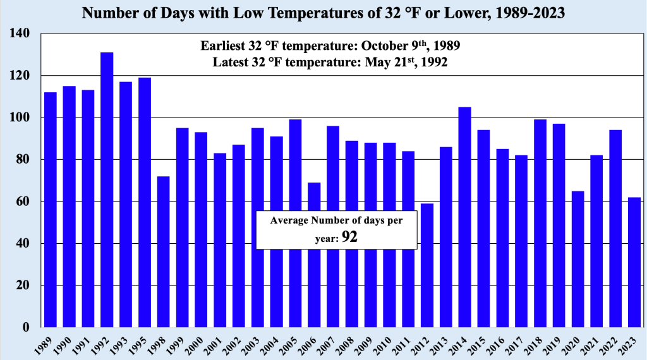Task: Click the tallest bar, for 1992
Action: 107,189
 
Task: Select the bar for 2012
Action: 427,265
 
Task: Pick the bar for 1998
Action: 164,252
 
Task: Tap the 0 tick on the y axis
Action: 26,328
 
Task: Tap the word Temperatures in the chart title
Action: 267,13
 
